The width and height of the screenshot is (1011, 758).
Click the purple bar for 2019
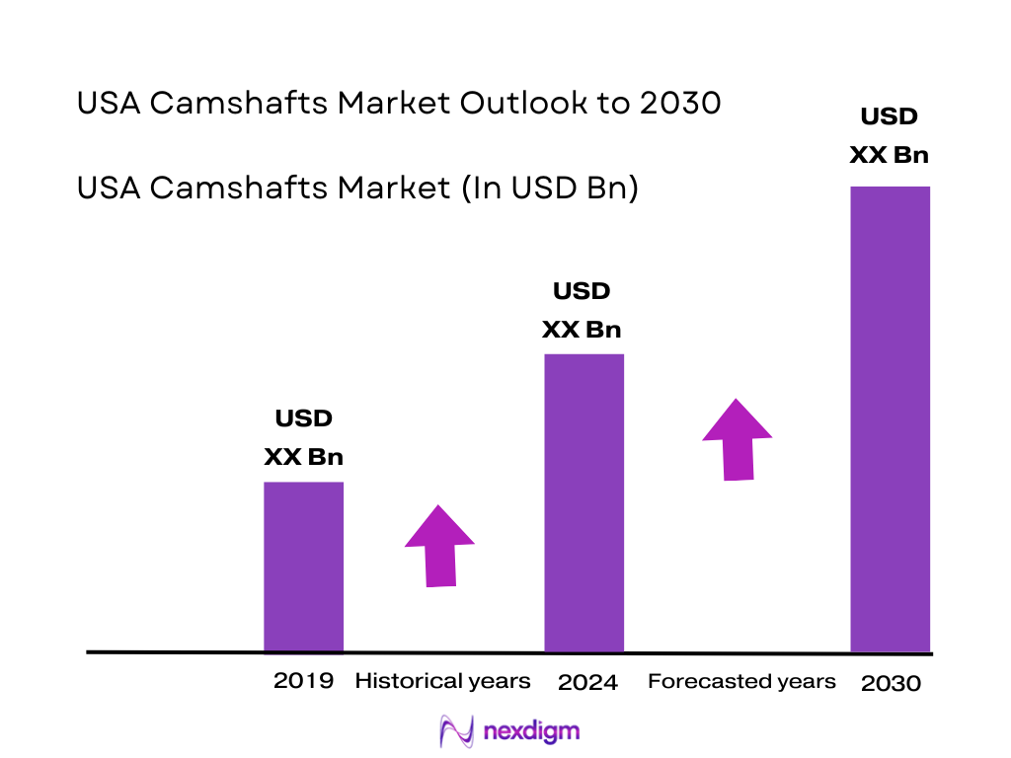pos(303,567)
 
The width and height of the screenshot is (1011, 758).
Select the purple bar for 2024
pos(584,502)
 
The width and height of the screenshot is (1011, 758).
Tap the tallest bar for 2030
pos(891,418)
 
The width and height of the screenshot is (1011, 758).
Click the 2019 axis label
pos(304,680)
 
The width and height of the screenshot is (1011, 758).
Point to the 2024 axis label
pos(587,682)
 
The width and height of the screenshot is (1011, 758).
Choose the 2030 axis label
pos(891,683)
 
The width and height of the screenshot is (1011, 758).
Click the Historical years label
pos(442,681)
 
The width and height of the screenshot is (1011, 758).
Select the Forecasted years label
pos(741,681)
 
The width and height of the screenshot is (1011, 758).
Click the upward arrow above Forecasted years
pos(738,439)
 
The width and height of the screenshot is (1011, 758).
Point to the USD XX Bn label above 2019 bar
pos(303,438)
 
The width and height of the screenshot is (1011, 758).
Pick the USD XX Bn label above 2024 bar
pos(582,310)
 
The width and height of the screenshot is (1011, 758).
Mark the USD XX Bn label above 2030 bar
pos(889,135)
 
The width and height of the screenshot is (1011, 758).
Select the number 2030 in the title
pos(680,103)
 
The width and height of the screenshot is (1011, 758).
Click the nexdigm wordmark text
pos(532,731)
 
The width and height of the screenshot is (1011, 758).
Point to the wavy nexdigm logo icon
pos(457,731)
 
